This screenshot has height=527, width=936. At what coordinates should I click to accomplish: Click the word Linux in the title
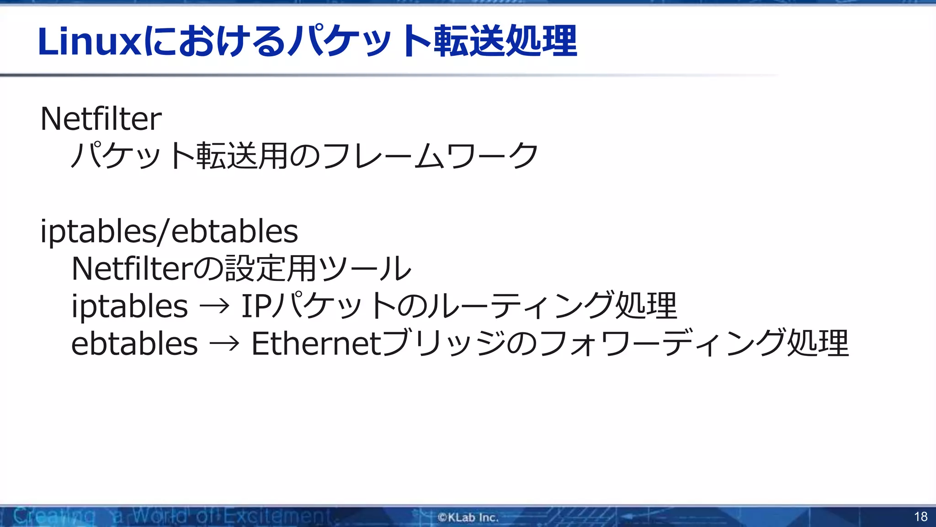point(89,42)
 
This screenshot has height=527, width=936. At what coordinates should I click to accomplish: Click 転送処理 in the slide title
point(505,42)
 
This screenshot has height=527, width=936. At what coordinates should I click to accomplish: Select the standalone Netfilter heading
point(101,119)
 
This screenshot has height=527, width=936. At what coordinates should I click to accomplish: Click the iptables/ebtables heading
point(169,231)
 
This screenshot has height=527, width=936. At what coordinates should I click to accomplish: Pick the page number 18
point(920,517)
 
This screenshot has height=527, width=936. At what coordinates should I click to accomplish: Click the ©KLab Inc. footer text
point(468,517)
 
